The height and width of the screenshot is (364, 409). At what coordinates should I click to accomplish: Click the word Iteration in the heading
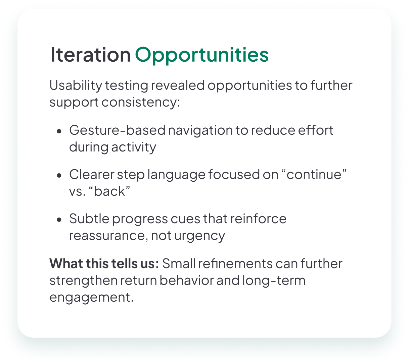click(x=90, y=55)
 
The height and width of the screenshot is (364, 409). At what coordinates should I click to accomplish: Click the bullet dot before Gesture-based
click(x=59, y=131)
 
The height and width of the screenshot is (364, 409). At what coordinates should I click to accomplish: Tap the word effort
click(x=316, y=130)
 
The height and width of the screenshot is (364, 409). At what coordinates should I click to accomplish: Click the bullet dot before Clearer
click(x=59, y=176)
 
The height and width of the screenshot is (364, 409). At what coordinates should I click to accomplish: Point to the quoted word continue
click(x=314, y=174)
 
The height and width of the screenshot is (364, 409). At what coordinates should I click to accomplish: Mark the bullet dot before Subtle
click(x=59, y=220)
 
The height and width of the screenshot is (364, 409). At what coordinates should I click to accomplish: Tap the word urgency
click(x=199, y=236)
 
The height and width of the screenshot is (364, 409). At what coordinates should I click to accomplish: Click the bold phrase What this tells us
click(x=104, y=263)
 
